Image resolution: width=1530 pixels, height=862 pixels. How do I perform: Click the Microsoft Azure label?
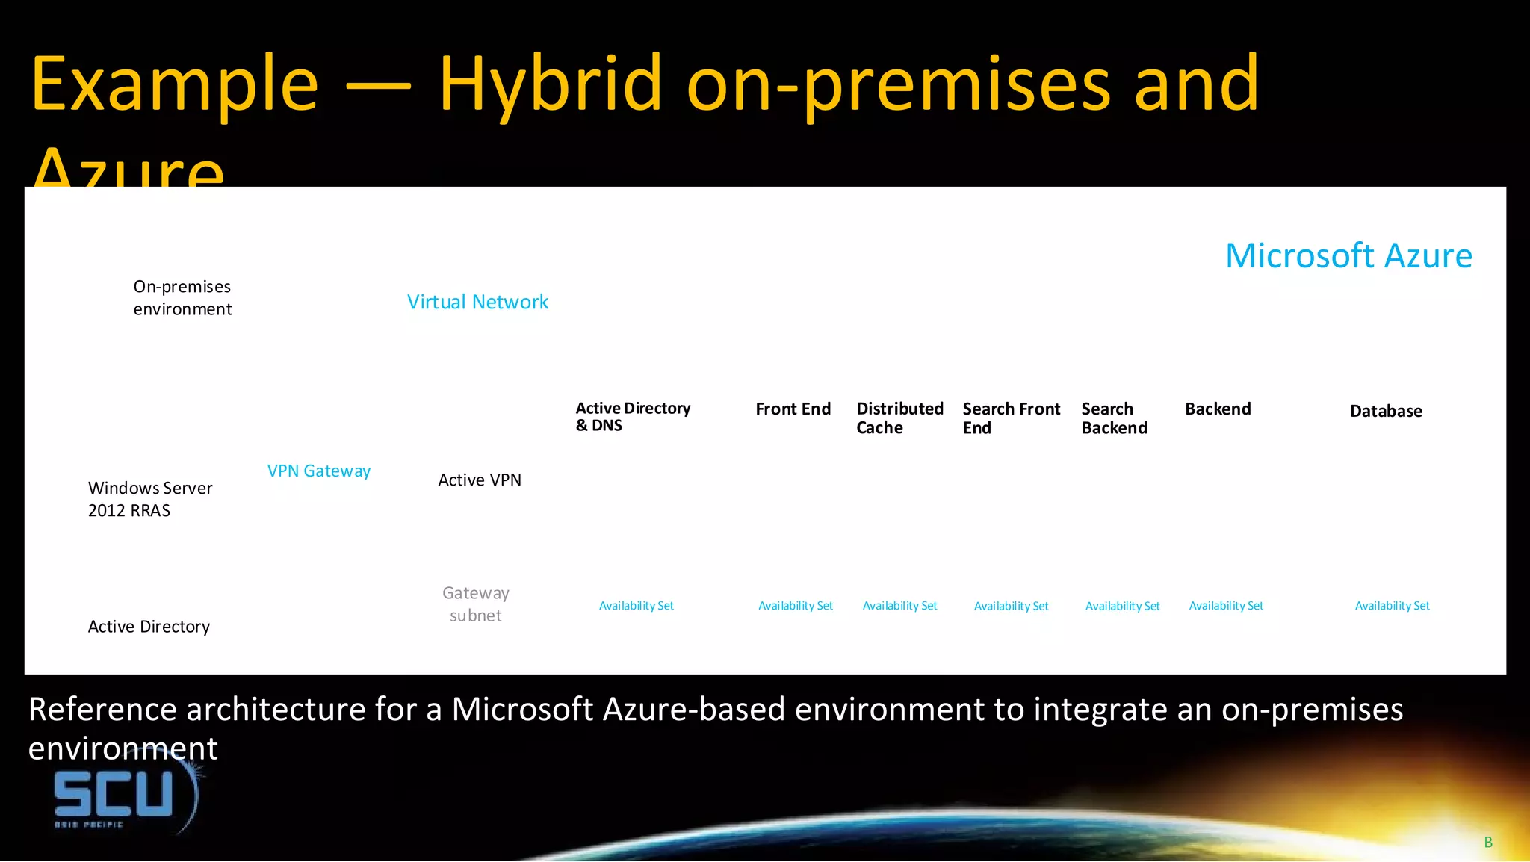(1348, 256)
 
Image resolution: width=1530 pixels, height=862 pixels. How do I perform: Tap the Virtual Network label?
(477, 302)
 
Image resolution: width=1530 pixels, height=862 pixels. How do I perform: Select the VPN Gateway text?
(319, 471)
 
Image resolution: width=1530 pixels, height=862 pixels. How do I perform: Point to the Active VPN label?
(480, 480)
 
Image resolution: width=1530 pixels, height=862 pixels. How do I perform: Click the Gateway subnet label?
(475, 604)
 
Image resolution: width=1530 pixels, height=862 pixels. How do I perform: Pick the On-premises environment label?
(182, 297)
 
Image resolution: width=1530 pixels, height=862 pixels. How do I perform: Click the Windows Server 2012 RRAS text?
(149, 499)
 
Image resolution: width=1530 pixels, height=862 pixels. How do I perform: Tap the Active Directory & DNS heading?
(632, 416)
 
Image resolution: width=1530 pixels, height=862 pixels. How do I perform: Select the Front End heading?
(793, 409)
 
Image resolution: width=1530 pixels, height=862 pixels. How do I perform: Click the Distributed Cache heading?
(899, 418)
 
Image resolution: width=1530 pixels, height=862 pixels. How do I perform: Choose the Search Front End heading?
(1011, 418)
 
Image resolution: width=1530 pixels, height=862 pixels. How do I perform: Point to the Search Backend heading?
(1114, 418)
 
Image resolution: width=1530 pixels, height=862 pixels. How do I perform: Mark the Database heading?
(1386, 411)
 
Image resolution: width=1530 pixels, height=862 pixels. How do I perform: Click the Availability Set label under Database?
(1392, 606)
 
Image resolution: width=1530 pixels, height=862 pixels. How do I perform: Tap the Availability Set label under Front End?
(795, 606)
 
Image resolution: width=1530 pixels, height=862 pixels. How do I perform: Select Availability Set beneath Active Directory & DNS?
(636, 606)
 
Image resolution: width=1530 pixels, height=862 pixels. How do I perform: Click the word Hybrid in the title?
(550, 84)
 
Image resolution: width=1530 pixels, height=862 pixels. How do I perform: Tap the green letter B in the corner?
(1487, 843)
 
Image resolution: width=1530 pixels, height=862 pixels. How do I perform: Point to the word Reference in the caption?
(103, 709)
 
